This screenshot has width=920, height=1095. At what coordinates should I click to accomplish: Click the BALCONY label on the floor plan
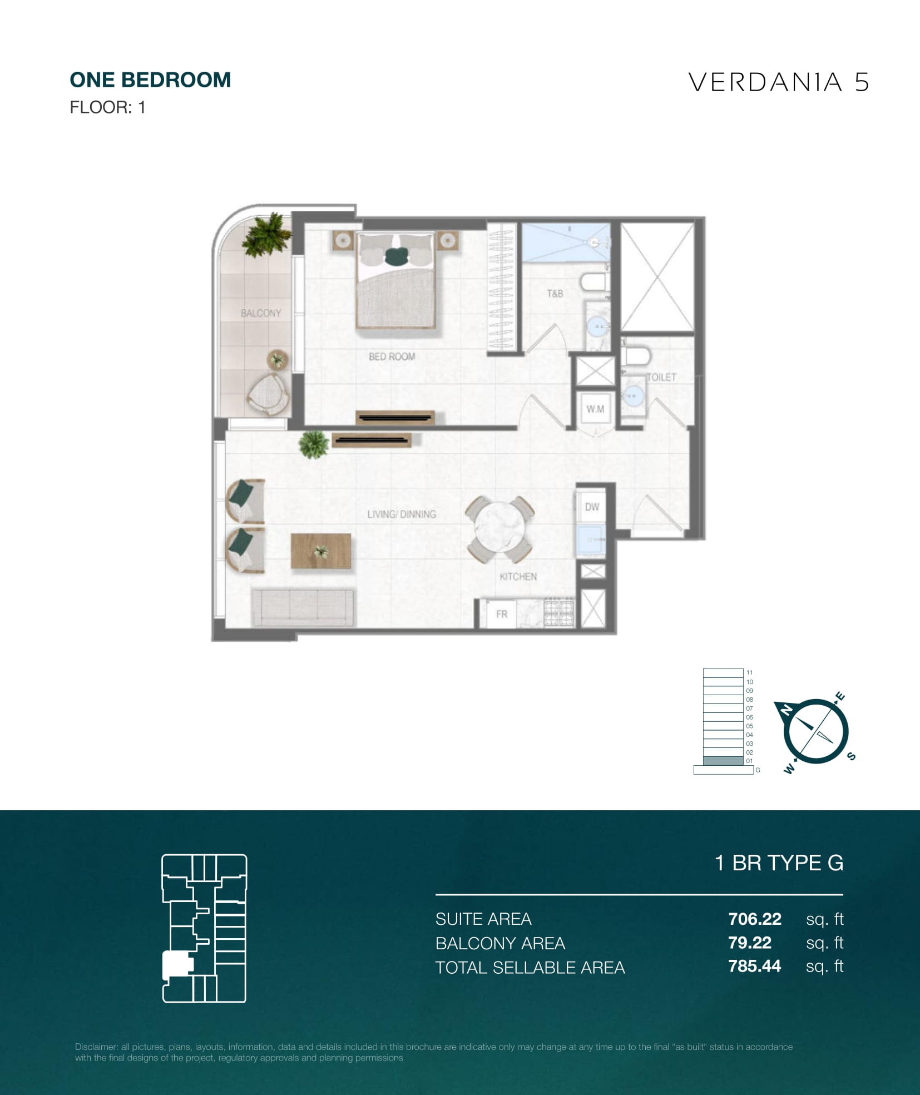click(261, 313)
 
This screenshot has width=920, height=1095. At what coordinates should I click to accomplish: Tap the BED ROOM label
click(392, 356)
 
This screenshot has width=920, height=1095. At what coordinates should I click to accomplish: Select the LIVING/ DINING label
click(402, 514)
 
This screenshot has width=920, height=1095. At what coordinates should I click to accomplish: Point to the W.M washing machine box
click(595, 409)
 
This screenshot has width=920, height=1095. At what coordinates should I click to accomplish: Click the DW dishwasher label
click(592, 507)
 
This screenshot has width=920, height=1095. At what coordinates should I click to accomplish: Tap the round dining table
click(499, 528)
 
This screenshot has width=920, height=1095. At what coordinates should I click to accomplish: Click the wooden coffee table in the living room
click(321, 551)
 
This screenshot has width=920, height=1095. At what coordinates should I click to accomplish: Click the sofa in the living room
click(303, 607)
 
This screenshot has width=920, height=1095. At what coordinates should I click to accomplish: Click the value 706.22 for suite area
click(755, 919)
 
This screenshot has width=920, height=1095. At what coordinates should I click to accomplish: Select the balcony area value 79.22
click(750, 943)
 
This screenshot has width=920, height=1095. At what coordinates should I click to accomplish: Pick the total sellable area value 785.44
click(755, 966)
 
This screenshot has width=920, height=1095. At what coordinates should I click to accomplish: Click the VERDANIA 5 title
click(779, 82)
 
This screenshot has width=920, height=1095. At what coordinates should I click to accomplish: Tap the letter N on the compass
click(787, 710)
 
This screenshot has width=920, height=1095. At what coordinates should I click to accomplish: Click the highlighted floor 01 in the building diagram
click(723, 761)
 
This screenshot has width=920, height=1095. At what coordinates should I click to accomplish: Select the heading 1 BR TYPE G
click(779, 863)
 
